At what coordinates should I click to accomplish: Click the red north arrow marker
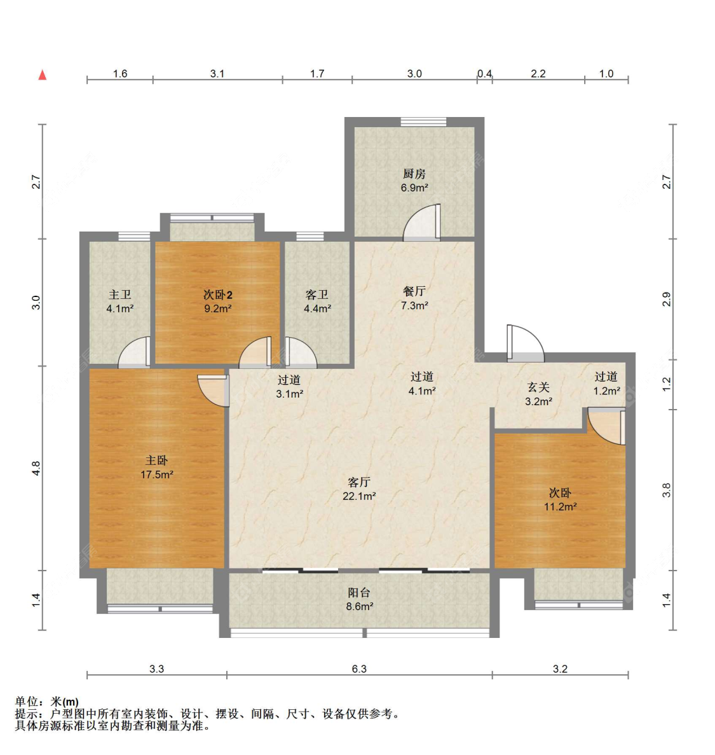(43, 74)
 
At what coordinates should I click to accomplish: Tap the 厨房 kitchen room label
(414, 174)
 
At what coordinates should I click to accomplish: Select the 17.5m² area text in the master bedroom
(157, 474)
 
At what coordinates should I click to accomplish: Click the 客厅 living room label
(359, 482)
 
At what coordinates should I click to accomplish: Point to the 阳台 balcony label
(359, 593)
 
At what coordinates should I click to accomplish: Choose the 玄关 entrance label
(538, 387)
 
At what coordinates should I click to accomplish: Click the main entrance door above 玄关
(525, 343)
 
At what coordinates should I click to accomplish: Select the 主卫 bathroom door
(134, 352)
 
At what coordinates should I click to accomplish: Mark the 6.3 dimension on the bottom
(359, 668)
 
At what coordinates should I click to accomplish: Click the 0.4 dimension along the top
(484, 74)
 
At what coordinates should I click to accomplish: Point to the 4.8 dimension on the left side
(36, 468)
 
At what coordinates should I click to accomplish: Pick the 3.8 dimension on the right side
(666, 490)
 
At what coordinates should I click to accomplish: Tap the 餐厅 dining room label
(414, 291)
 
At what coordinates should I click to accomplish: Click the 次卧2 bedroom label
(217, 294)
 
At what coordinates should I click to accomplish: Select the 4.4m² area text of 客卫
(317, 308)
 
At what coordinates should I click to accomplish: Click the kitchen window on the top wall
(423, 121)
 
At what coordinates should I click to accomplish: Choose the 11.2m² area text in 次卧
(560, 506)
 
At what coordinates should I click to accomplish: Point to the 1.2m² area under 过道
(606, 391)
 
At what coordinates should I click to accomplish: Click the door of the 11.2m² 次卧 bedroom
(607, 427)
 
